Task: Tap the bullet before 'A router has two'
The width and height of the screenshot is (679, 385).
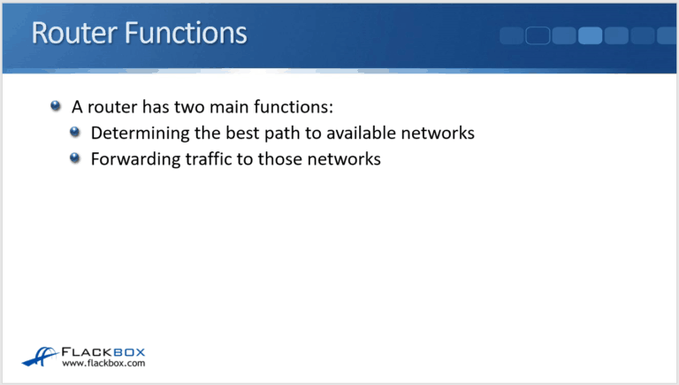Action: (56, 106)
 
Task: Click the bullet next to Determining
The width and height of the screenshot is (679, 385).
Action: (75, 133)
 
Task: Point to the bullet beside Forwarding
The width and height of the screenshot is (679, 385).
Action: (75, 159)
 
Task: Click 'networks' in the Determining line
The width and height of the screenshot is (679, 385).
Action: (436, 134)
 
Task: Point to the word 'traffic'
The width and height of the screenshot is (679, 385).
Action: (202, 160)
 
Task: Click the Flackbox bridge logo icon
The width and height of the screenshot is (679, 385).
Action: (40, 355)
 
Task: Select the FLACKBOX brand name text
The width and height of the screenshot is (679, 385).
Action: (103, 350)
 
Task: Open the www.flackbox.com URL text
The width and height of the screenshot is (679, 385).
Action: (103, 363)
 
